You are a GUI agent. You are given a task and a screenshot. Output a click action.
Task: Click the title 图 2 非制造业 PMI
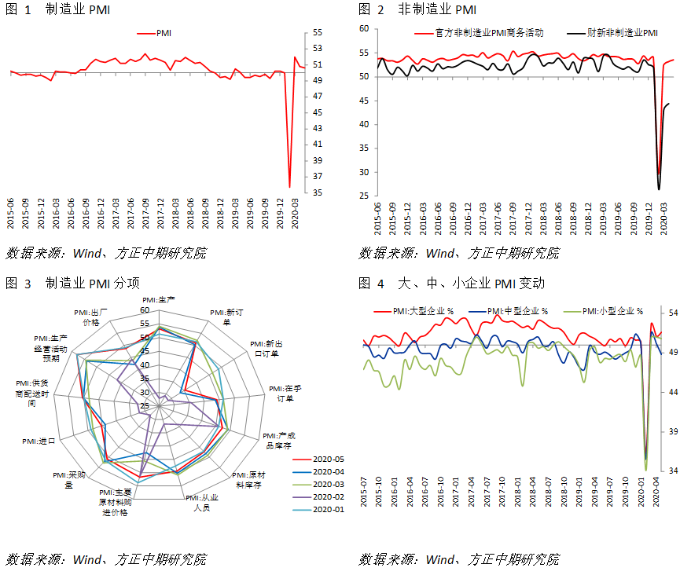[417, 10]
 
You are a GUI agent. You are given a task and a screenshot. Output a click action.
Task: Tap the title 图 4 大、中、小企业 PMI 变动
[451, 283]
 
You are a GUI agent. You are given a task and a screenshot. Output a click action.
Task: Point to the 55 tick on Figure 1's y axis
[318, 32]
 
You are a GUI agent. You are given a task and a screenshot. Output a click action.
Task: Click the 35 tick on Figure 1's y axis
[318, 192]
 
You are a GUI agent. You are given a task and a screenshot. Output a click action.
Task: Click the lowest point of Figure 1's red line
[290, 187]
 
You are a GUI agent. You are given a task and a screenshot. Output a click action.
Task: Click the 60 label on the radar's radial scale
[145, 310]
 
